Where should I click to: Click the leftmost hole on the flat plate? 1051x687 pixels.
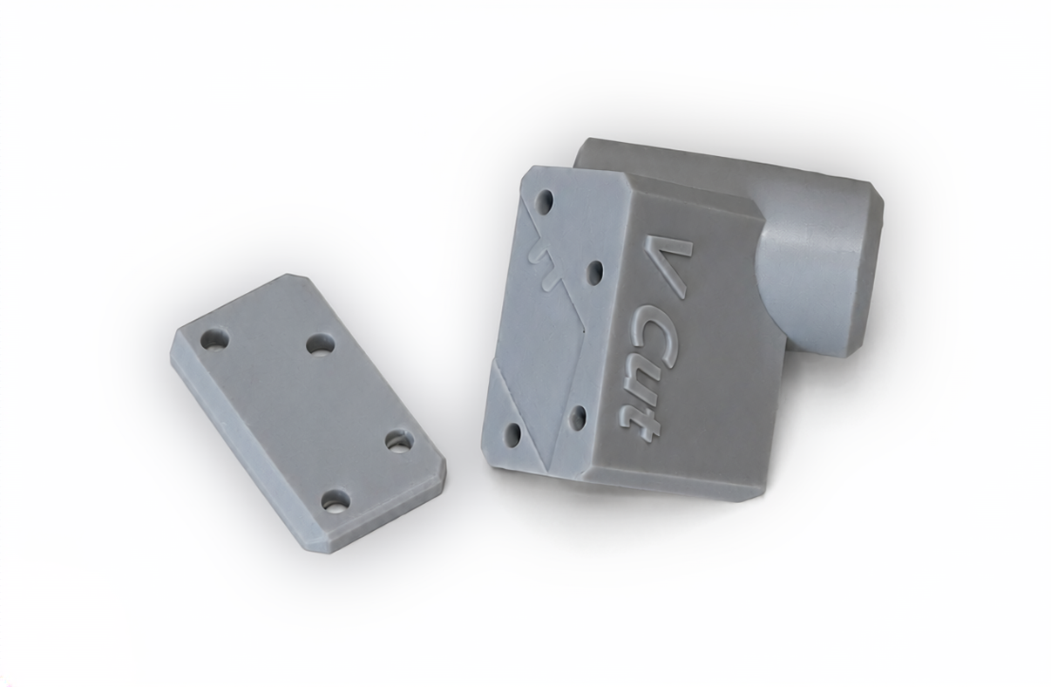click(x=214, y=339)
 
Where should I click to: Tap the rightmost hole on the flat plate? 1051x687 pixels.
click(x=399, y=442)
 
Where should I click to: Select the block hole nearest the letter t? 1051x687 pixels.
click(x=580, y=415)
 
